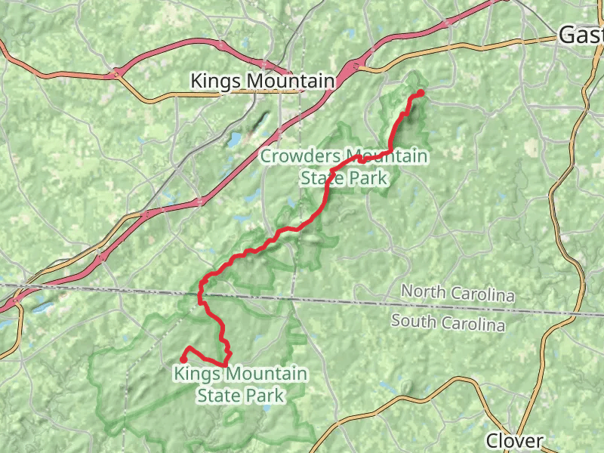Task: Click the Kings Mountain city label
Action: coord(262,80)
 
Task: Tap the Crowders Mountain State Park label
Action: coord(344,168)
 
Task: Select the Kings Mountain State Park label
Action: coord(240,384)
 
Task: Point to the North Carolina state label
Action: coord(458,293)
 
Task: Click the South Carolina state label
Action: coord(448,322)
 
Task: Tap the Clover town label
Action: coord(513,440)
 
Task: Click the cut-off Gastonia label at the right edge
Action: coord(581,35)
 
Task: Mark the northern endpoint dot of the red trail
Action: coord(421,92)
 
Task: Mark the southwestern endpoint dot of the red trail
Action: coord(183,359)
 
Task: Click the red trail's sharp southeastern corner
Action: coord(226,365)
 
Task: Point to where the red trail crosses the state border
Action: coord(201,291)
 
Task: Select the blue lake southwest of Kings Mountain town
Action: coord(234,140)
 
